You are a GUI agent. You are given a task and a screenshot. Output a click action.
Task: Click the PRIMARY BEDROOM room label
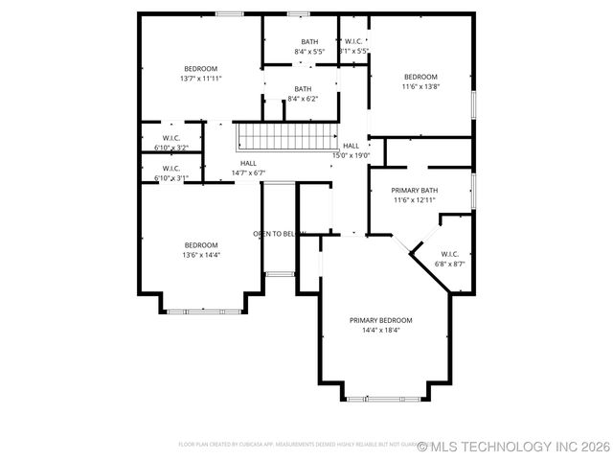[380, 320]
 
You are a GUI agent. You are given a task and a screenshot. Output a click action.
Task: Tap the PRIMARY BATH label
[416, 191]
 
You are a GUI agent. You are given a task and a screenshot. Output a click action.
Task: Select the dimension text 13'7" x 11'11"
[201, 79]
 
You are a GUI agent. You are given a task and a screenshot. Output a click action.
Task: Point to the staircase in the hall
[287, 136]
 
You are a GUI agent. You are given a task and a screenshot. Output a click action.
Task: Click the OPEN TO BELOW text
[279, 234]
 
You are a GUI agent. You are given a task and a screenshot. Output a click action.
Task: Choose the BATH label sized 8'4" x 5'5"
[309, 41]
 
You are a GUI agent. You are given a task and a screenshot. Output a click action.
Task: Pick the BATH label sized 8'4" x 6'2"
[303, 89]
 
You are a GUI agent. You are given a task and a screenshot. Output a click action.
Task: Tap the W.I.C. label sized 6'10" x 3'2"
[171, 138]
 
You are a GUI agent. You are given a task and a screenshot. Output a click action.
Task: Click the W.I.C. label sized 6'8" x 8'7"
[450, 254]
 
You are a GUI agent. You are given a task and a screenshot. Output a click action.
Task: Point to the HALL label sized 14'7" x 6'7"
[248, 163]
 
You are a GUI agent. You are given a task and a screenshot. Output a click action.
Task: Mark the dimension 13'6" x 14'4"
[201, 255]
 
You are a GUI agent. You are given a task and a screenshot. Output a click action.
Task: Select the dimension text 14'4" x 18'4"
[380, 331]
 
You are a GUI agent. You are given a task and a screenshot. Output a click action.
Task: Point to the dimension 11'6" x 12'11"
[416, 200]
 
